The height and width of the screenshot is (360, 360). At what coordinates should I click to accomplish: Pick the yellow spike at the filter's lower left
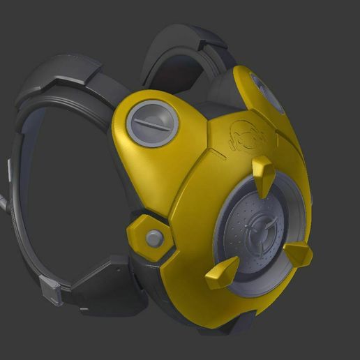tap(223, 271)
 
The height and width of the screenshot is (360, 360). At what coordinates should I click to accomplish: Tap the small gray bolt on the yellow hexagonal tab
tap(154, 239)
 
